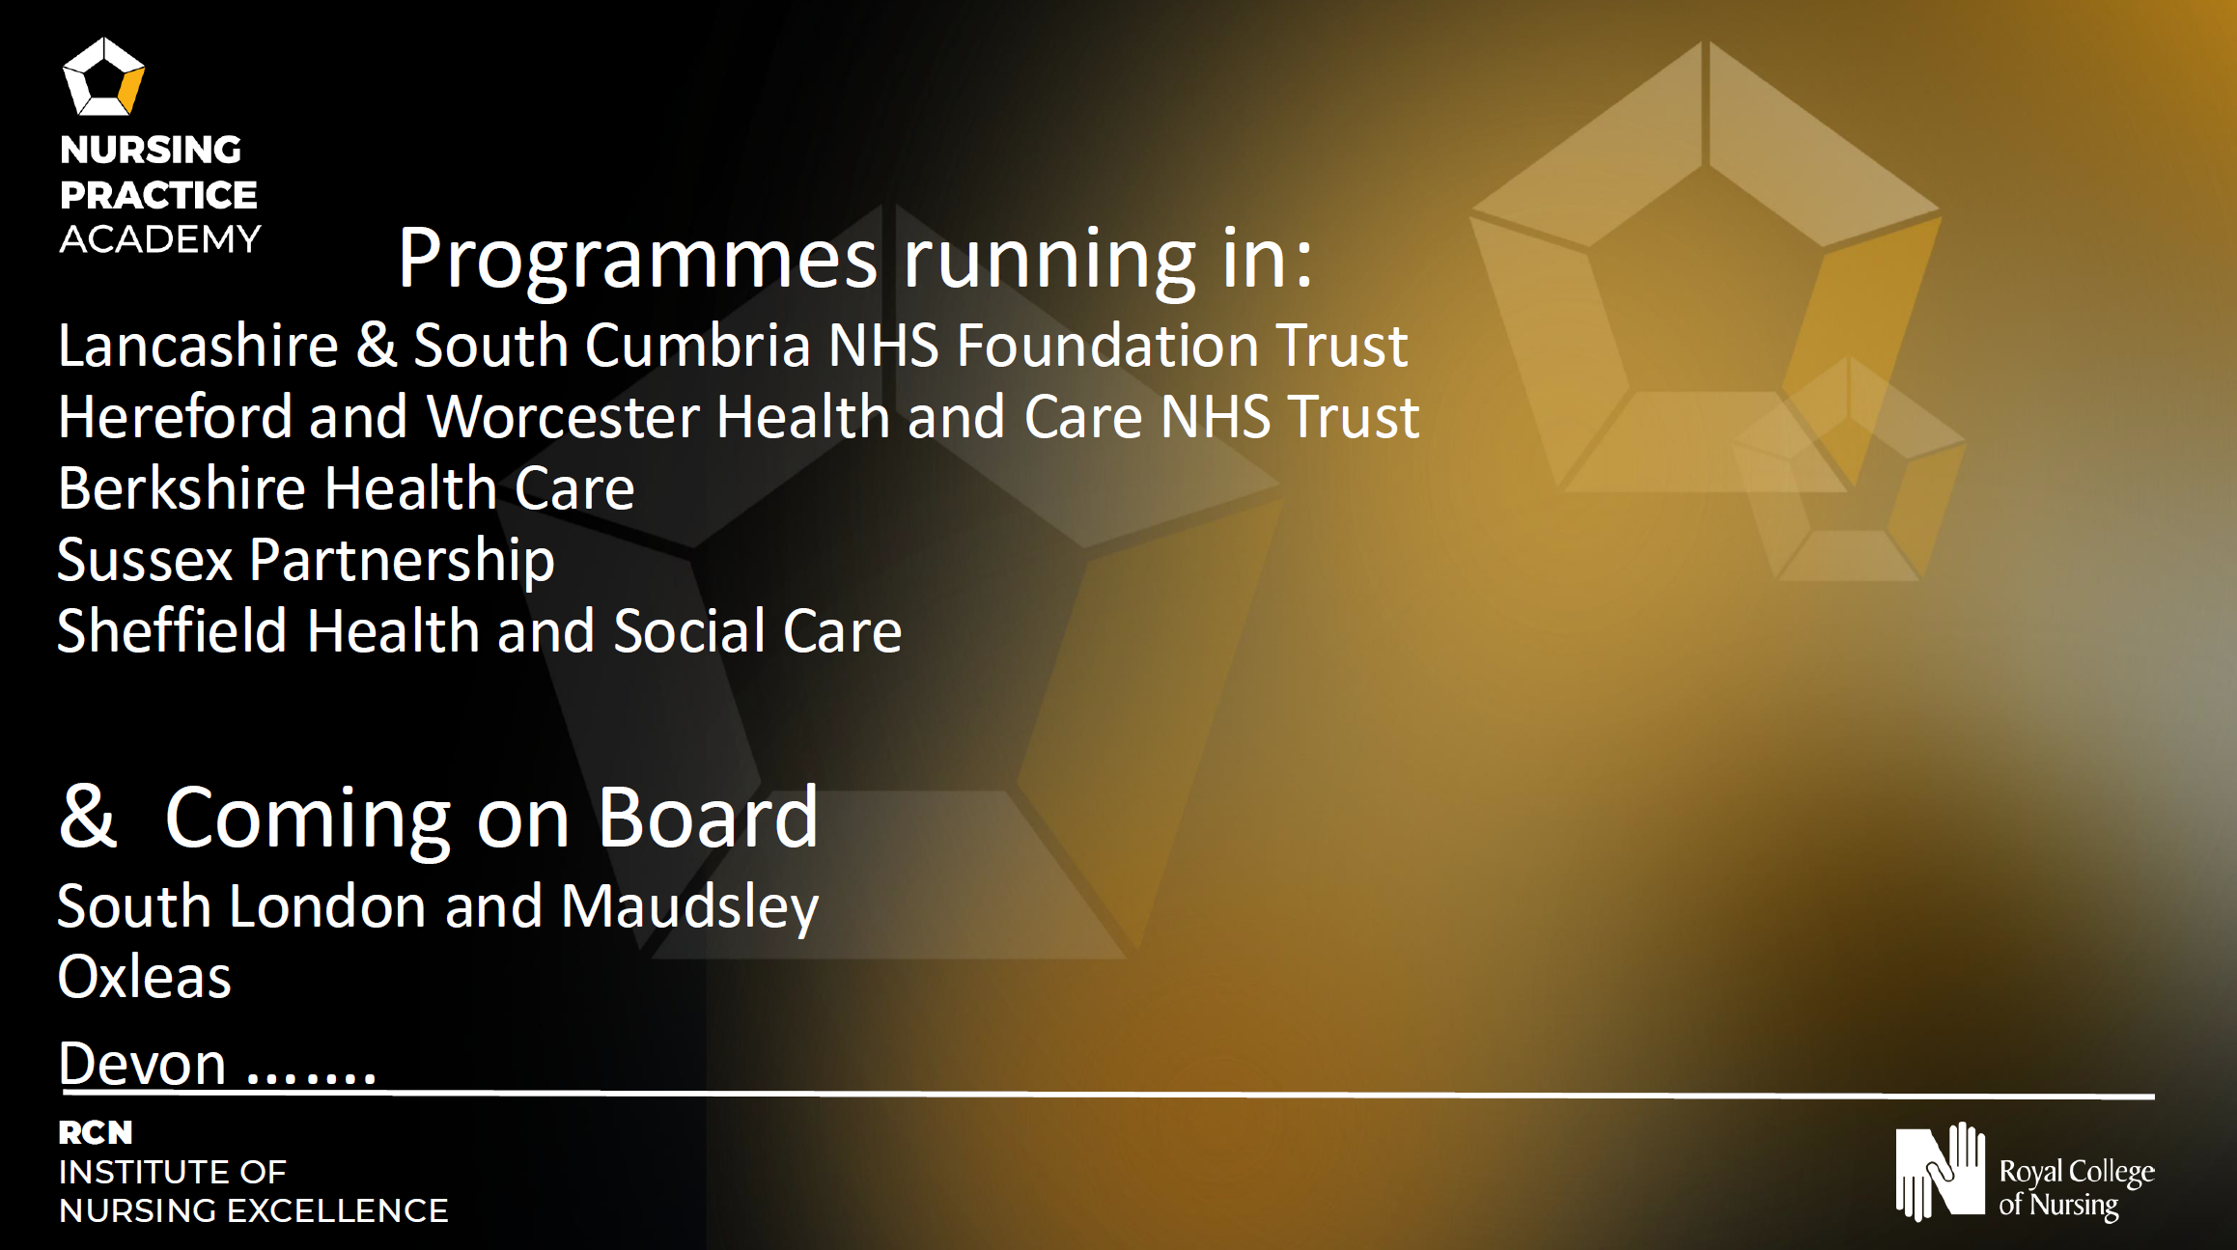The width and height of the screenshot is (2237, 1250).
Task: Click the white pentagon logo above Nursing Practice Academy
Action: tap(103, 76)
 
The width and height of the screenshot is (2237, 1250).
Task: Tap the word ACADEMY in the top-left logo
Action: tap(160, 239)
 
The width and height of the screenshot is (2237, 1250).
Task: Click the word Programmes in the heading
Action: tap(638, 258)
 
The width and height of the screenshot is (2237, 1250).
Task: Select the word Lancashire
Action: tap(198, 345)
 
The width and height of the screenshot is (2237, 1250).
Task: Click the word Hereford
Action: tap(175, 416)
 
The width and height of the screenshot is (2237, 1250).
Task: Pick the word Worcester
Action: tap(563, 416)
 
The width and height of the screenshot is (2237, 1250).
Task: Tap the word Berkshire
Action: tap(182, 487)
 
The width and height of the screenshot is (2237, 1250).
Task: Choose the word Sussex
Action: tap(145, 560)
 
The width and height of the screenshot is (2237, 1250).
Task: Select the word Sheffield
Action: tap(172, 630)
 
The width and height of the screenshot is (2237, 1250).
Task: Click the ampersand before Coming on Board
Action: tap(87, 817)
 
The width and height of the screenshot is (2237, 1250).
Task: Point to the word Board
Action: tap(708, 817)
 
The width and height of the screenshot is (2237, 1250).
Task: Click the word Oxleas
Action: tap(145, 977)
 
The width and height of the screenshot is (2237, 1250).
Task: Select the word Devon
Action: tap(142, 1064)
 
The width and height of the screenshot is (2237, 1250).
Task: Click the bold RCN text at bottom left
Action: tap(96, 1132)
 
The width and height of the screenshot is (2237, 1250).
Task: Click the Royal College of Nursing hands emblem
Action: tap(1941, 1171)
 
